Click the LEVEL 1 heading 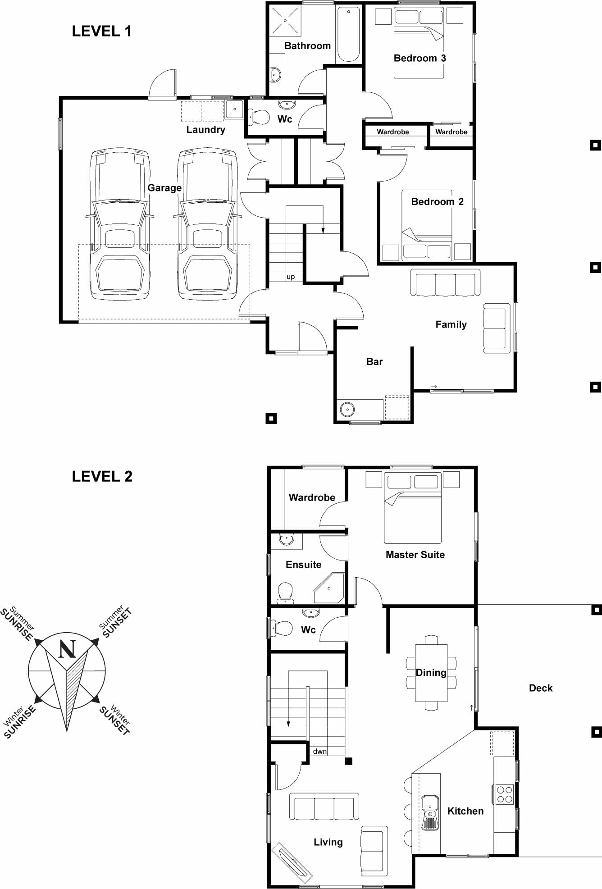(x=101, y=31)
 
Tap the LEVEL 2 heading (x=102, y=476)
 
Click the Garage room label (x=164, y=188)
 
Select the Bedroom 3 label (x=420, y=58)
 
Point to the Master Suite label (x=415, y=555)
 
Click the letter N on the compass (x=67, y=649)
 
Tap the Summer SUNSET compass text (x=115, y=622)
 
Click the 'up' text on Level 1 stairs (x=291, y=277)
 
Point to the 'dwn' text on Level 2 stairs (x=319, y=751)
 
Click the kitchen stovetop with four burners (x=505, y=794)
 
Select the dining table (x=431, y=673)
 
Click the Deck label (x=540, y=688)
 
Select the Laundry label (x=205, y=130)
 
